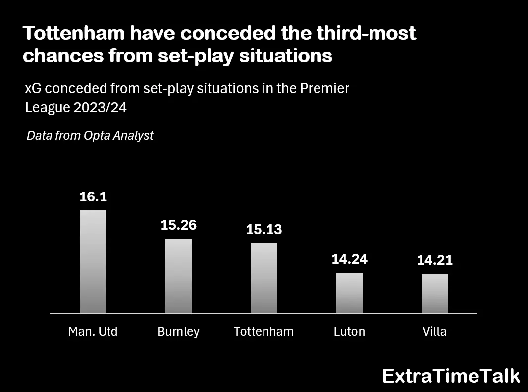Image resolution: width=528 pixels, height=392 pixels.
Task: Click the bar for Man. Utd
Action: pyautogui.click(x=93, y=262)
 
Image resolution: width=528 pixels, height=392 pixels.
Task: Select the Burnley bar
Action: pyautogui.click(x=178, y=276)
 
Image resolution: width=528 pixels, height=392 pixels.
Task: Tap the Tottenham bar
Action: pyautogui.click(x=264, y=278)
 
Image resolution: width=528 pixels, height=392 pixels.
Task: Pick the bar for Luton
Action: pyautogui.click(x=349, y=293)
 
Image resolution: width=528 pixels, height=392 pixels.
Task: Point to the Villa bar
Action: pyautogui.click(x=435, y=294)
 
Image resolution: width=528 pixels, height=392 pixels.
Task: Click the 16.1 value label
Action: pyautogui.click(x=93, y=196)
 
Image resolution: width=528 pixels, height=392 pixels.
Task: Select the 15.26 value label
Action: pyautogui.click(x=178, y=225)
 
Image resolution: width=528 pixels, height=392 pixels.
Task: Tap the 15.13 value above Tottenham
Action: pyautogui.click(x=264, y=230)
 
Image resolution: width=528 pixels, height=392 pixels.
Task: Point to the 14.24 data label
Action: pyautogui.click(x=349, y=259)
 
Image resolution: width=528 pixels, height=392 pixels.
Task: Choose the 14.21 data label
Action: pyautogui.click(x=435, y=260)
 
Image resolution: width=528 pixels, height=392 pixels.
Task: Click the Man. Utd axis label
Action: pyautogui.click(x=93, y=331)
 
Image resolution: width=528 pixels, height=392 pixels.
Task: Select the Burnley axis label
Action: pyautogui.click(x=178, y=331)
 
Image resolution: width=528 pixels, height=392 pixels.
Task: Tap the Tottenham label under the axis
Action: pyautogui.click(x=264, y=331)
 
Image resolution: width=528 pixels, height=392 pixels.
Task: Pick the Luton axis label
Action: pyautogui.click(x=349, y=331)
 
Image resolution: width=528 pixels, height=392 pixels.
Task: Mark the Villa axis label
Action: pyautogui.click(x=435, y=331)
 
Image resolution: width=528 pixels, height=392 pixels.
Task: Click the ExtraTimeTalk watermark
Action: pyautogui.click(x=451, y=376)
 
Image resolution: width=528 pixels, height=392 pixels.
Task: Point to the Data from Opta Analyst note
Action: pyautogui.click(x=90, y=135)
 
